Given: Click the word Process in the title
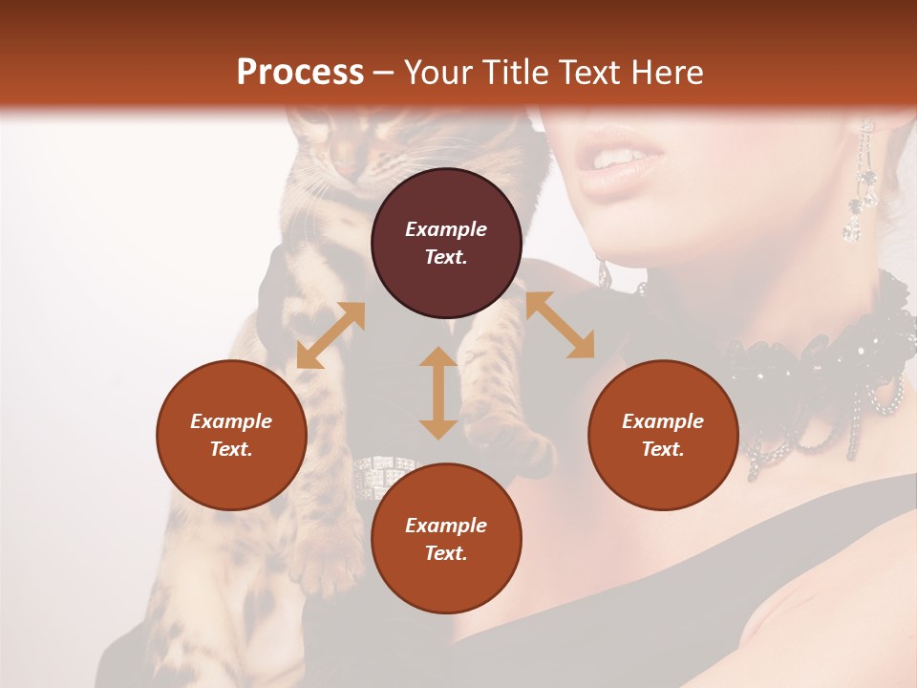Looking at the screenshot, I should pos(300,73).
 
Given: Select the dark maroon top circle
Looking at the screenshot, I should pos(446,243).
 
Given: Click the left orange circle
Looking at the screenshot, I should pos(231,435).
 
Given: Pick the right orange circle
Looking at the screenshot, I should pos(663,435).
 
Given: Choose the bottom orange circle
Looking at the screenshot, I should pos(446,539).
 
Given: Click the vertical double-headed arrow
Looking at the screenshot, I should pos(438,393).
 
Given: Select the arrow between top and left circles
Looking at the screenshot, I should pos(331,335).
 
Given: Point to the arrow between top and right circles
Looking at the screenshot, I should pos(560,325).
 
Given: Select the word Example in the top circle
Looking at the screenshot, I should pos(446,229).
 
